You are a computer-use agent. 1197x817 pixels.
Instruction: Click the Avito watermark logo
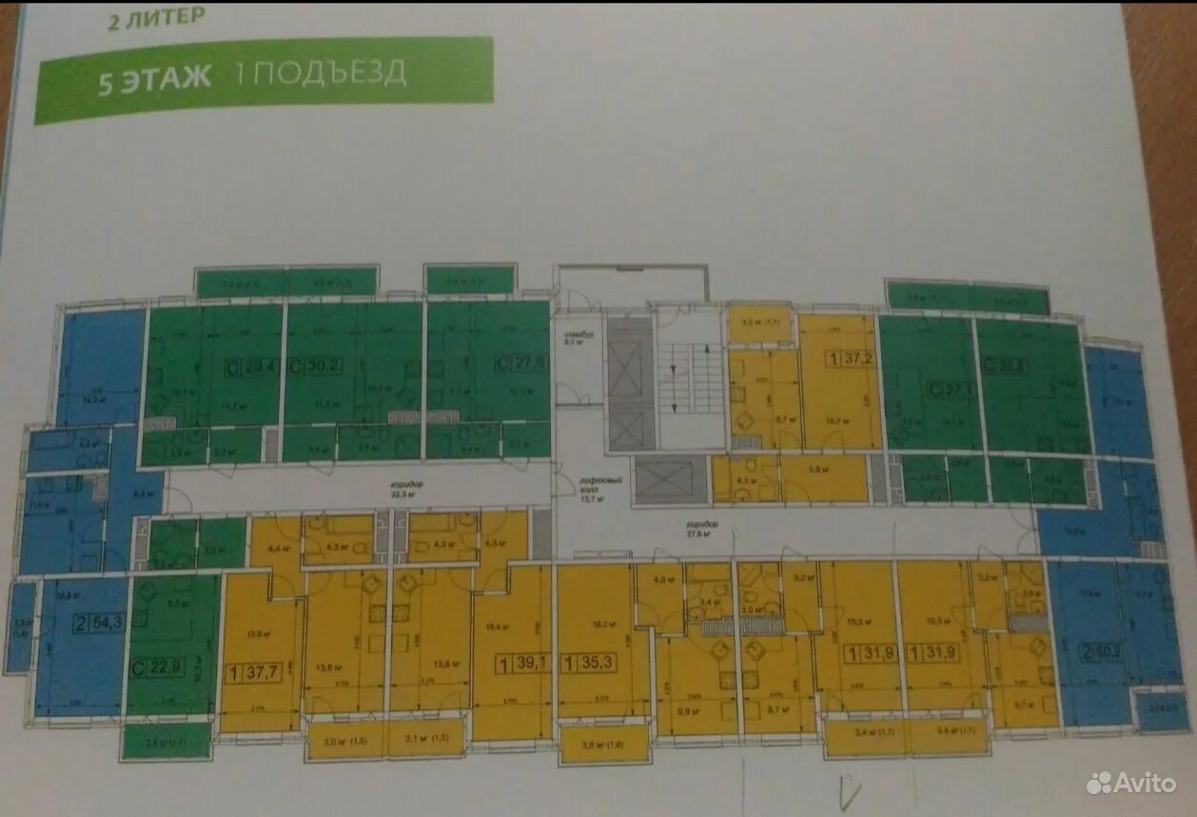[x=1131, y=783]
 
